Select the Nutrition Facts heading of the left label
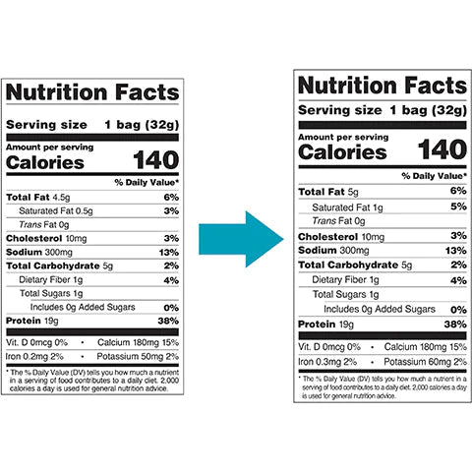[x=94, y=93]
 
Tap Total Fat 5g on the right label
[x=329, y=192]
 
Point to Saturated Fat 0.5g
[x=56, y=210]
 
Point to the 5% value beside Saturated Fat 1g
[x=458, y=206]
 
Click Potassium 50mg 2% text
[x=143, y=355]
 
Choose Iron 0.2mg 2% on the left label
[x=33, y=355]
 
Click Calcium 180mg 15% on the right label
[x=425, y=347]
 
